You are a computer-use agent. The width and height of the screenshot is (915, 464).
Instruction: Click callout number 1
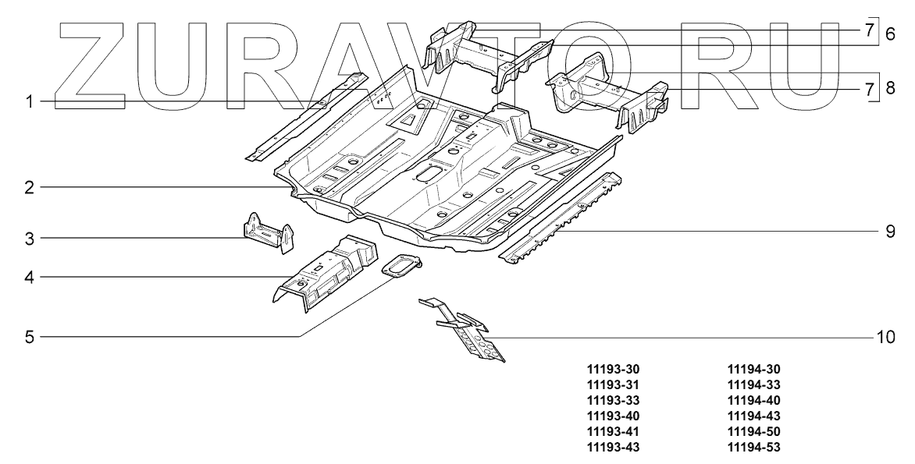(28, 102)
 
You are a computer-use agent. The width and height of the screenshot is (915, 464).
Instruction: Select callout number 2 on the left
(28, 187)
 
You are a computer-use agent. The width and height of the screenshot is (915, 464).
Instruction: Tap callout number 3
(28, 238)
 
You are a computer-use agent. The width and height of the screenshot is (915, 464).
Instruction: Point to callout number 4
(28, 276)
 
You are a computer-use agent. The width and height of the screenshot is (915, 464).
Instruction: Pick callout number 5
(28, 337)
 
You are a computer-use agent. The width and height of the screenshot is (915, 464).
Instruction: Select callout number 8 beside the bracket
(890, 88)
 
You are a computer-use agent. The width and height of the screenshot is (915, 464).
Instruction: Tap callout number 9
(890, 232)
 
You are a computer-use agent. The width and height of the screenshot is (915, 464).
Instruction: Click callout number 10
(885, 337)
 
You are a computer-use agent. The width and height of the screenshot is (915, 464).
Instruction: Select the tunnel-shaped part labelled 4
(324, 273)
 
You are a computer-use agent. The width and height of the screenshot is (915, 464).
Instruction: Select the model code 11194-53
(753, 447)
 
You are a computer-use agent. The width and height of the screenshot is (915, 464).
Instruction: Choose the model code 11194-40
(753, 400)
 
